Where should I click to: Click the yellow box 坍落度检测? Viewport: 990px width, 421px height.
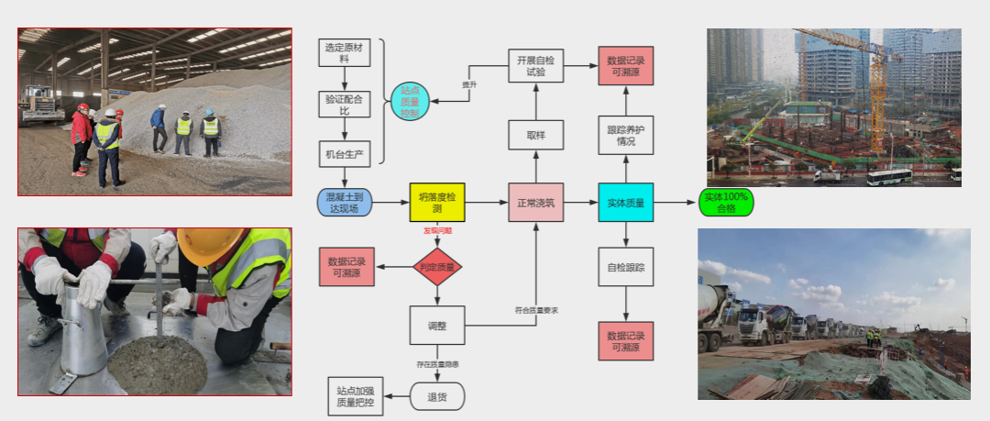pyautogui.click(x=437, y=203)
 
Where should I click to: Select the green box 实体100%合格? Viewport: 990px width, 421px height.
pyautogui.click(x=726, y=203)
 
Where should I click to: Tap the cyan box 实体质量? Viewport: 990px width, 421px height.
pyautogui.click(x=626, y=203)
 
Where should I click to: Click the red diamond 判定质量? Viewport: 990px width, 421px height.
pyautogui.click(x=437, y=267)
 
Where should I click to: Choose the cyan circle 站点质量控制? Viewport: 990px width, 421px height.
pyautogui.click(x=410, y=102)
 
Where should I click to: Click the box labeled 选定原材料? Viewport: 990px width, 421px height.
pyautogui.click(x=344, y=52)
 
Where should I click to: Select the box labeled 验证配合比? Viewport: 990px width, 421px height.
pyautogui.click(x=344, y=103)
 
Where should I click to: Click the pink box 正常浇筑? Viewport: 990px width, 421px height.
pyautogui.click(x=536, y=203)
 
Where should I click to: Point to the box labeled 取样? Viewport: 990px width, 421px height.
pyautogui.click(x=536, y=135)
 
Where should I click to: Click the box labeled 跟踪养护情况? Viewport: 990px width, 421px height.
pyautogui.click(x=626, y=135)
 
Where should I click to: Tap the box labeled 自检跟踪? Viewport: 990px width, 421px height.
pyautogui.click(x=626, y=267)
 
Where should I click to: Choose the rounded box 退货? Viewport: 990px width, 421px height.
pyautogui.click(x=437, y=396)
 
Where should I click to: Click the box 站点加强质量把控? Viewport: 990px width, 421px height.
pyautogui.click(x=355, y=396)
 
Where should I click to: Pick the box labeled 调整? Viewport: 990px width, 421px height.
pyautogui.click(x=437, y=325)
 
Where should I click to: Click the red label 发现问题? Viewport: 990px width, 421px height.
pyautogui.click(x=437, y=230)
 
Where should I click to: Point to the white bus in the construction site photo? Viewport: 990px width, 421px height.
pyautogui.click(x=888, y=176)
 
